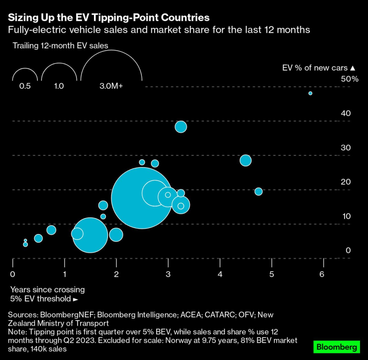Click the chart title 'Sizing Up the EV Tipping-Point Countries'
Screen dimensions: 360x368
108,17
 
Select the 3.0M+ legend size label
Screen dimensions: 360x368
111,86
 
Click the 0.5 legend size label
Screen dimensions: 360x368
25,86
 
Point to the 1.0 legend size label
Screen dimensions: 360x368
59,86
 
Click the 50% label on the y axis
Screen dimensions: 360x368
349,79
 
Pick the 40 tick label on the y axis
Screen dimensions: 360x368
346,113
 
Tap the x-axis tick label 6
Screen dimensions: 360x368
322,274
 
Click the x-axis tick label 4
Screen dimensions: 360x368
220,274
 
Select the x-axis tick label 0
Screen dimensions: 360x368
12,274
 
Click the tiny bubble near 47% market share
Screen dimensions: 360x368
310,93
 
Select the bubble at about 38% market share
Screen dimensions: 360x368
181,127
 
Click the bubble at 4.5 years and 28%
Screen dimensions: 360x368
245,160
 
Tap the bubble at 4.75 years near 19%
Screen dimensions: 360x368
258,192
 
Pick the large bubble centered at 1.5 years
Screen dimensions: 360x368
90,236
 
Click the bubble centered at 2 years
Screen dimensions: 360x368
116,235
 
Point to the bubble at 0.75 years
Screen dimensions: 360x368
51,230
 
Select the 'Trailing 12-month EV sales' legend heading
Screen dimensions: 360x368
61,45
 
